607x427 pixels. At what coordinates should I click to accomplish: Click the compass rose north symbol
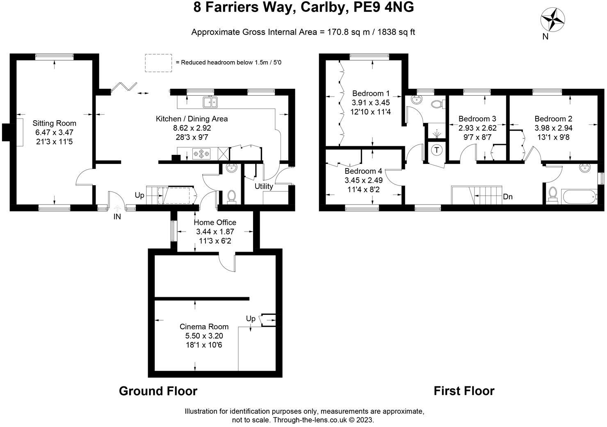553,20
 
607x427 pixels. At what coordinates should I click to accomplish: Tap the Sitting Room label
55,123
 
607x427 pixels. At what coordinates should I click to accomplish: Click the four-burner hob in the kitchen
201,154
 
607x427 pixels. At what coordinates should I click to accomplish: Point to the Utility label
264,186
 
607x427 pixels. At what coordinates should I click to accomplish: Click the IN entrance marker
117,216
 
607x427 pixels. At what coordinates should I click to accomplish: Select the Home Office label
215,222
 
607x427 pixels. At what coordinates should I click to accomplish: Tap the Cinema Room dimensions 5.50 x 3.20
204,336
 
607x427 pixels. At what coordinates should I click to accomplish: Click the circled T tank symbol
437,150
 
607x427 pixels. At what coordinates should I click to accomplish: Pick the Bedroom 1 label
371,94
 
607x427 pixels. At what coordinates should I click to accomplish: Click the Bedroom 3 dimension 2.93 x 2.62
477,128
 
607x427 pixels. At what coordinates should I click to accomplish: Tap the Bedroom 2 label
553,119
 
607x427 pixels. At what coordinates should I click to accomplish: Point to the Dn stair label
508,197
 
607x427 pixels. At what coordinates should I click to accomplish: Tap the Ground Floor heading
158,391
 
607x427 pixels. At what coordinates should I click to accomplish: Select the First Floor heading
464,391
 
